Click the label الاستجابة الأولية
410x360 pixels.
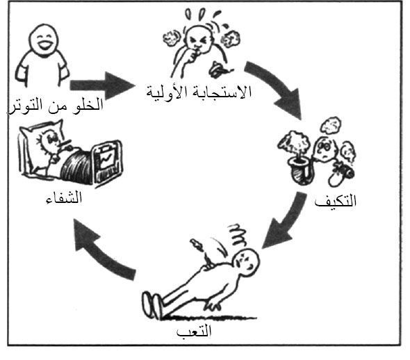point(199,92)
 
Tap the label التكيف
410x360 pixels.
point(336,201)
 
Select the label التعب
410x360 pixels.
point(194,332)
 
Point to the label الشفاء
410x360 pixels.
point(64,197)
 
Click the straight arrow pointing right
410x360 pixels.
point(102,85)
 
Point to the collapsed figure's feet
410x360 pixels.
point(151,305)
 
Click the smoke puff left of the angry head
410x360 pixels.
point(171,39)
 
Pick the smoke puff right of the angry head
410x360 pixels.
point(230,39)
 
